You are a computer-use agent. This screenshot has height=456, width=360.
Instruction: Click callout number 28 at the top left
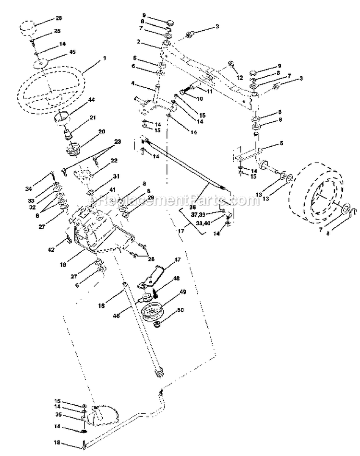[x=59, y=18]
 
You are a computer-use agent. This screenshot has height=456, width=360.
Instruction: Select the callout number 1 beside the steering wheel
[x=104, y=58]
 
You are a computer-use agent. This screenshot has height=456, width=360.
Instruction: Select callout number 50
[x=181, y=311]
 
